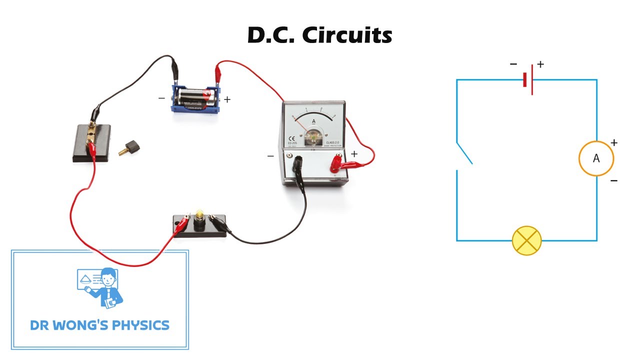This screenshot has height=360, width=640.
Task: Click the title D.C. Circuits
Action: (x=320, y=35)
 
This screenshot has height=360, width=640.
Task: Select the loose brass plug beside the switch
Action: (x=130, y=146)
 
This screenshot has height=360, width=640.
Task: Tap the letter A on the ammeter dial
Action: (x=313, y=121)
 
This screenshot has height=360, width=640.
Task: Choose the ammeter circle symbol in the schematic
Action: (x=596, y=158)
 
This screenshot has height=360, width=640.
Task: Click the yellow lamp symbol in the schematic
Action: (x=527, y=240)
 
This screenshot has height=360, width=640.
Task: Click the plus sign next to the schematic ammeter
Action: (x=614, y=142)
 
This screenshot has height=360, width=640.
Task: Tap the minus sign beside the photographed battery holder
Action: (x=161, y=98)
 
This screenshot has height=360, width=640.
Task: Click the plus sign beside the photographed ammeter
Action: (x=354, y=154)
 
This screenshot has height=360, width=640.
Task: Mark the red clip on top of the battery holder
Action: (x=219, y=69)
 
